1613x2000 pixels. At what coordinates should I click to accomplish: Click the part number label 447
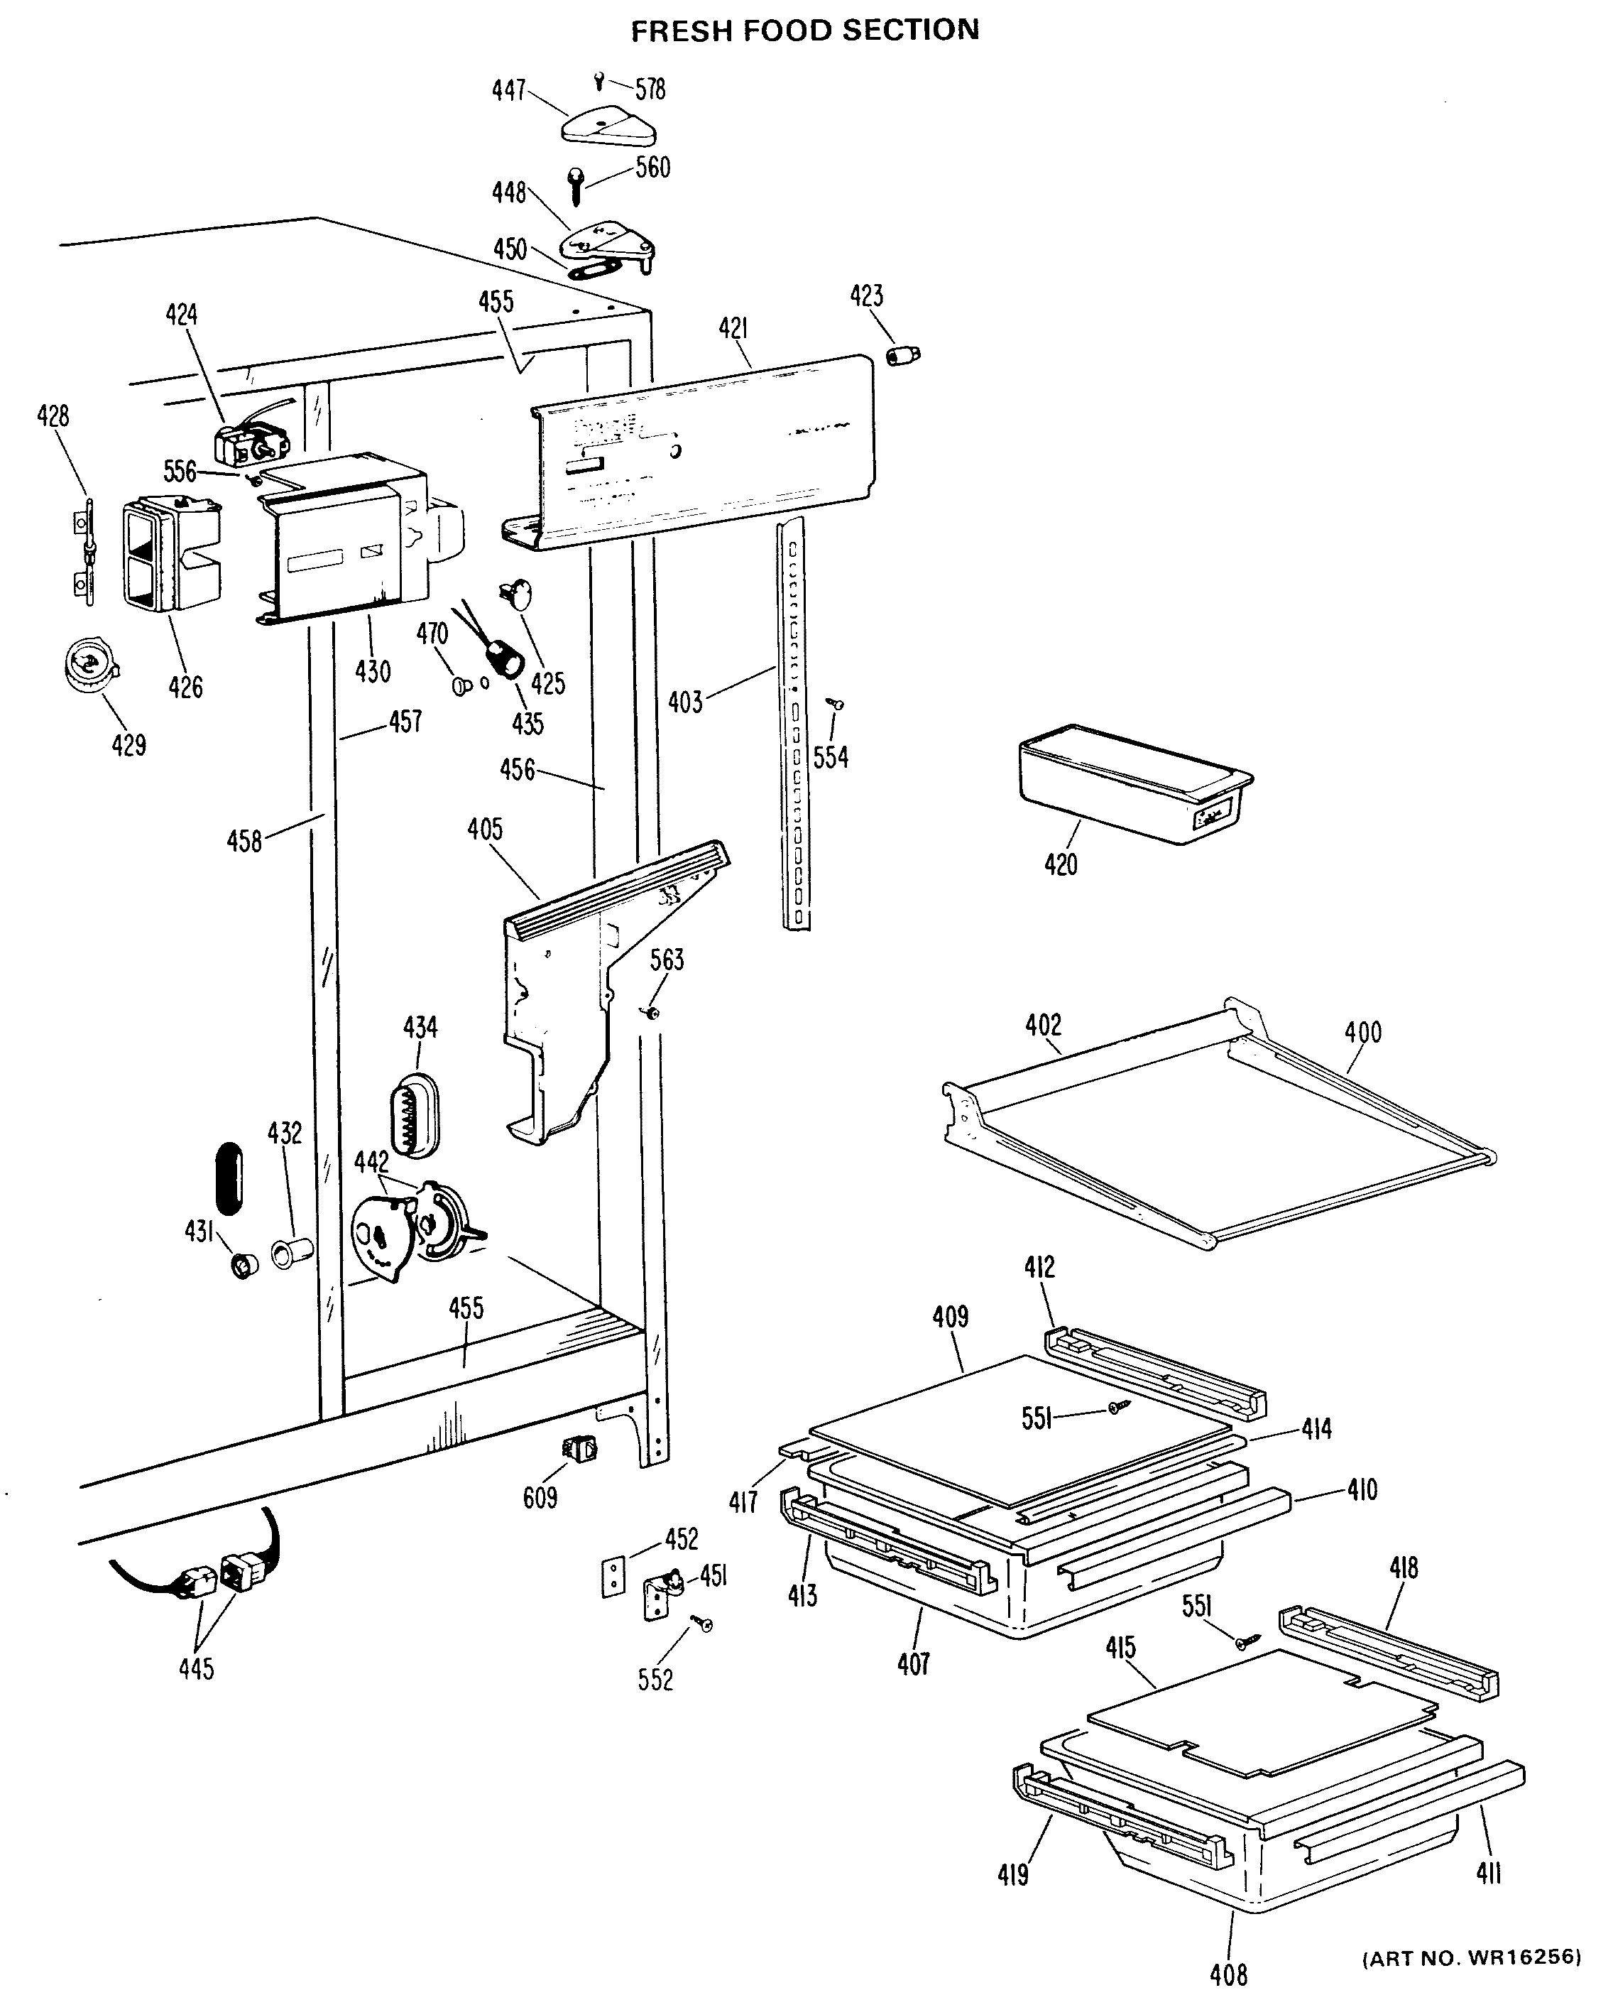click(x=508, y=91)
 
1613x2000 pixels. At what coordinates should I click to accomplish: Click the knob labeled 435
click(x=505, y=659)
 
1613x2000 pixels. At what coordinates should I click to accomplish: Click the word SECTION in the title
click(x=911, y=31)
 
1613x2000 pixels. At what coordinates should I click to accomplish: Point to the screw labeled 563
click(x=652, y=1011)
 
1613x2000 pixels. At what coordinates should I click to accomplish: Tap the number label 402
click(x=1042, y=1025)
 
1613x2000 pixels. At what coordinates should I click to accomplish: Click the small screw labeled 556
click(x=251, y=479)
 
